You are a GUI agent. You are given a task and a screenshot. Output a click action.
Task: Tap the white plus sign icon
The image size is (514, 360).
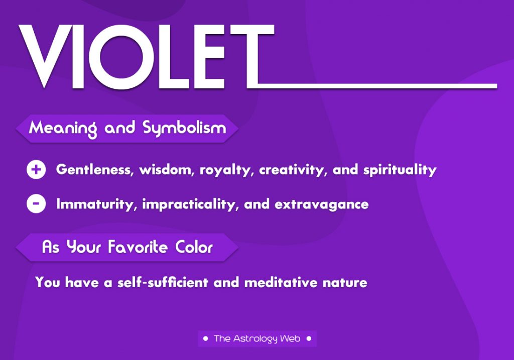pos(36,170)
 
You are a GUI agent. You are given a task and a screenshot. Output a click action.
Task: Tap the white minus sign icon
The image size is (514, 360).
pos(36,204)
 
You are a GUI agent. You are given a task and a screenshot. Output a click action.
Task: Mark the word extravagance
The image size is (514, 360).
pos(322,204)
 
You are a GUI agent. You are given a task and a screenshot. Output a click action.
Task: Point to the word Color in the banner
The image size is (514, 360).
pos(194,247)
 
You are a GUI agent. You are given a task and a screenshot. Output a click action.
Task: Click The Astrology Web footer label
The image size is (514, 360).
pos(257,339)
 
